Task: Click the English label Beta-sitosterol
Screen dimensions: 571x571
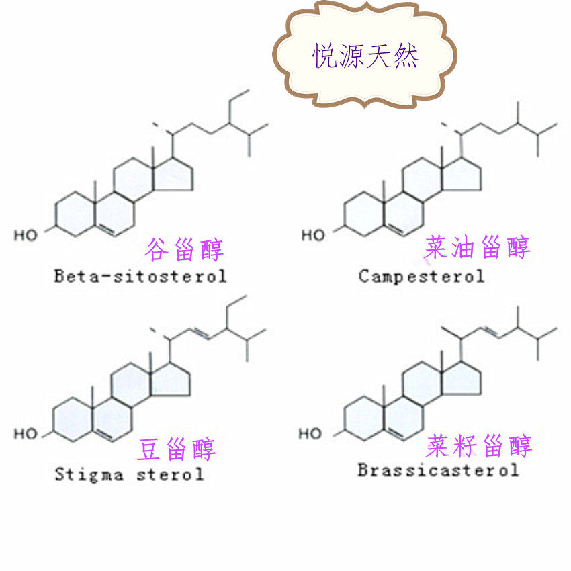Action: pyautogui.click(x=140, y=275)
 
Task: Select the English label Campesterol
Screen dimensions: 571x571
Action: pyautogui.click(x=421, y=276)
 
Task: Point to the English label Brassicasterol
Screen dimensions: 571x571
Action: pyautogui.click(x=438, y=470)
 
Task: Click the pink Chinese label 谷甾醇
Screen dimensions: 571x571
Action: pyautogui.click(x=184, y=249)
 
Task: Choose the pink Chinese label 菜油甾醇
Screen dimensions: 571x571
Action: pyautogui.click(x=477, y=248)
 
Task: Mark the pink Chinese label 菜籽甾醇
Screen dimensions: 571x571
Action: pyautogui.click(x=479, y=446)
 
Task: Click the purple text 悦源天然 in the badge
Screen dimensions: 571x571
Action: pyautogui.click(x=365, y=56)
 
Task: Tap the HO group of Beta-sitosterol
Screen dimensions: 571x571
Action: pyautogui.click(x=27, y=235)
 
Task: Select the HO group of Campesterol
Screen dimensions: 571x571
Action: pyautogui.click(x=313, y=235)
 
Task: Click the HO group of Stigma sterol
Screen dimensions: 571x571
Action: pyautogui.click(x=26, y=434)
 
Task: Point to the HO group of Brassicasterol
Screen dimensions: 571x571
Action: pyautogui.click(x=310, y=434)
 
